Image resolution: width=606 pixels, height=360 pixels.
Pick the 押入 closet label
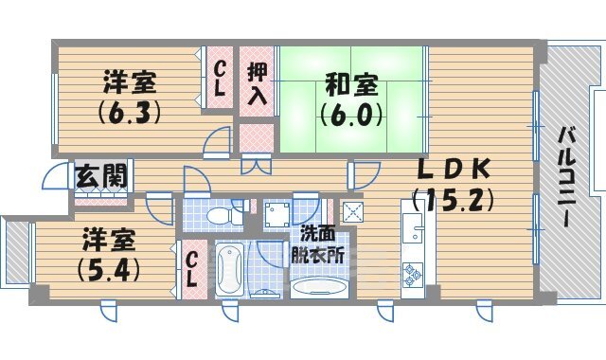[257, 82]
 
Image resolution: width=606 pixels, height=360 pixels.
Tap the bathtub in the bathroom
[230, 270]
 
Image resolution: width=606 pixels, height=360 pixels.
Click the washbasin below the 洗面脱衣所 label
[319, 286]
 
